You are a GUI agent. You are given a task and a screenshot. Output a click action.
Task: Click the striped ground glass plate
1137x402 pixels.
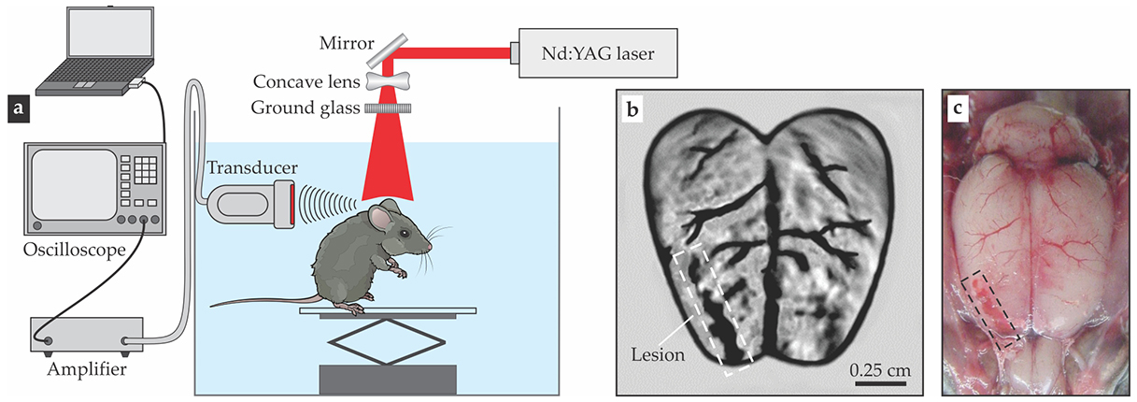(x=385, y=108)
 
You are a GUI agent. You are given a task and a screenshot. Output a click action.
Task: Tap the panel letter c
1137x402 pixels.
(x=959, y=108)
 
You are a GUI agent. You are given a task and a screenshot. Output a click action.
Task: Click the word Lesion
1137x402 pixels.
(x=657, y=355)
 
